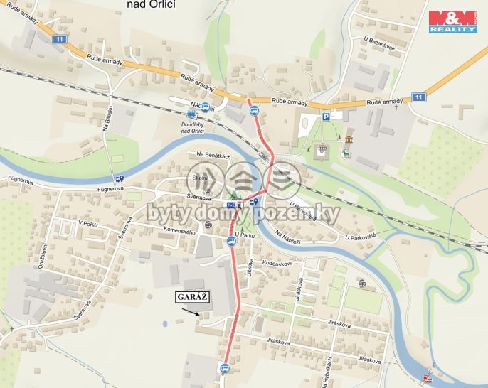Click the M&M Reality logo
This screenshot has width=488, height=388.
tap(452, 21)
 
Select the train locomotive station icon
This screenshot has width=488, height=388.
tap(191, 114)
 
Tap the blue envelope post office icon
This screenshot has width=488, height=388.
tap(231, 205)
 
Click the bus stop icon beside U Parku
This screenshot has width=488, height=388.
tap(231, 242)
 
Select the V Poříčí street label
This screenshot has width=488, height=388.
tap(87, 223)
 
